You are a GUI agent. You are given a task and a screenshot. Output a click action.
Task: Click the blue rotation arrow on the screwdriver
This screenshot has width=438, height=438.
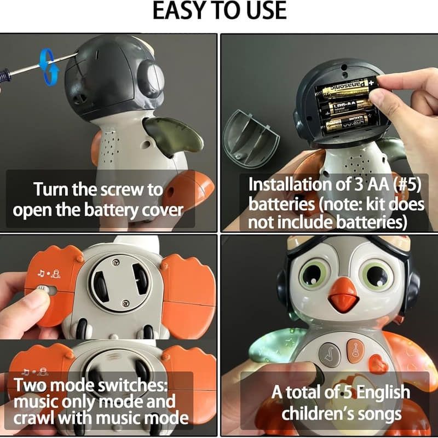tap(49, 66)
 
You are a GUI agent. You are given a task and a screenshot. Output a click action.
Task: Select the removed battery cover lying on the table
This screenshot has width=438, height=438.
tap(251, 139)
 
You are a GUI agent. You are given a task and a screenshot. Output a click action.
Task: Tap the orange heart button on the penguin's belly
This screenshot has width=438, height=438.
tap(378, 364)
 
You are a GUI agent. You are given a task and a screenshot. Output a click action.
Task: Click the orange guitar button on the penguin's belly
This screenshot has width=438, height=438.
tap(355, 350)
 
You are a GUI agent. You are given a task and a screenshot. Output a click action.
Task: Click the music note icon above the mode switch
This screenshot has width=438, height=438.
tap(41, 273)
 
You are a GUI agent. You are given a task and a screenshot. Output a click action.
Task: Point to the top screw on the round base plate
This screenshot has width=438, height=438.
tap(116, 262)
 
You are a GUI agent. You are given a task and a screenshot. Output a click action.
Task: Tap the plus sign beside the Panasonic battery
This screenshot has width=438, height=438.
tap(371, 83)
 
